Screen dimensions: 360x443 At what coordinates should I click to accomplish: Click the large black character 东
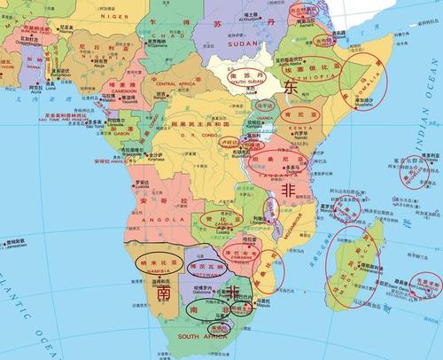[x=292, y=88]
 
